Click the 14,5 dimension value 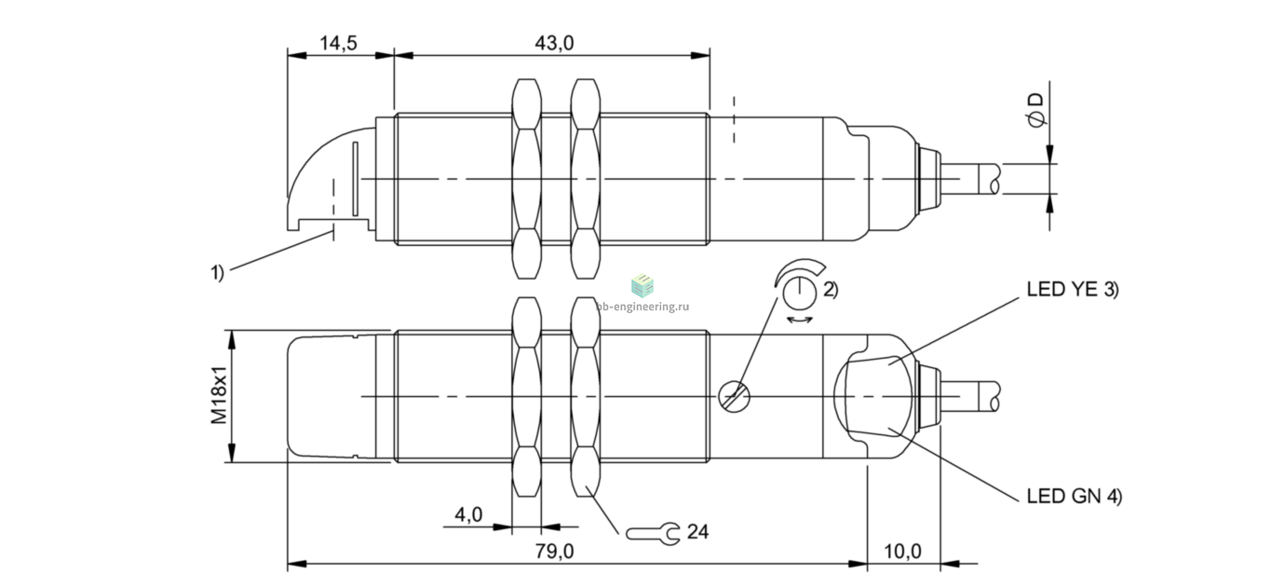pyautogui.click(x=338, y=43)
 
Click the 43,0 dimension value pyautogui.click(x=554, y=43)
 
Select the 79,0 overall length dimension pyautogui.click(x=554, y=552)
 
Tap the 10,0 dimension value pyautogui.click(x=902, y=552)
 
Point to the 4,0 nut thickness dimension pyautogui.click(x=468, y=515)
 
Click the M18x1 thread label pyautogui.click(x=220, y=396)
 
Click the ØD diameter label pyautogui.click(x=1036, y=112)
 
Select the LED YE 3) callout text pyautogui.click(x=1072, y=290)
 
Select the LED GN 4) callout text pyautogui.click(x=1074, y=496)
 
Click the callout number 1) pyautogui.click(x=217, y=272)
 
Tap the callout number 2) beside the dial pyautogui.click(x=831, y=290)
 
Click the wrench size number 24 pyautogui.click(x=697, y=532)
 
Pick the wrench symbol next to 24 pyautogui.click(x=652, y=534)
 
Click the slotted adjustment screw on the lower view pyautogui.click(x=735, y=397)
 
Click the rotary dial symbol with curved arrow pyautogui.click(x=799, y=284)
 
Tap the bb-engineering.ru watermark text pyautogui.click(x=642, y=307)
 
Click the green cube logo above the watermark pyautogui.click(x=642, y=285)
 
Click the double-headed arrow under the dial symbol pyautogui.click(x=800, y=320)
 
